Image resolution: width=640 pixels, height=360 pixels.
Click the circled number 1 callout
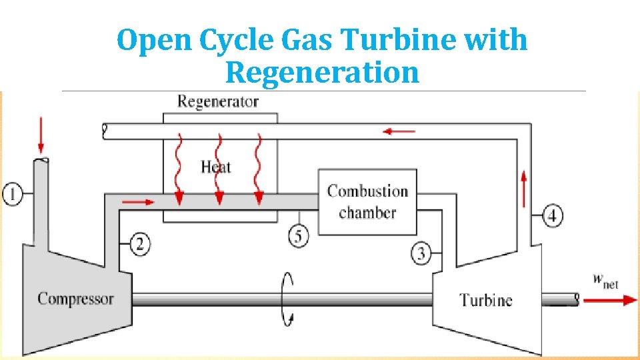coord(13,195)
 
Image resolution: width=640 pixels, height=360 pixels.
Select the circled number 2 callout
coord(139,244)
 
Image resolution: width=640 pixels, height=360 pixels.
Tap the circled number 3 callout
coord(421,253)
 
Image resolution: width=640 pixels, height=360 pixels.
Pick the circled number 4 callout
coord(553,215)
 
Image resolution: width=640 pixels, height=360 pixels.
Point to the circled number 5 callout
coord(299,235)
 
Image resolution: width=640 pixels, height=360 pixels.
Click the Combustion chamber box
coord(367,201)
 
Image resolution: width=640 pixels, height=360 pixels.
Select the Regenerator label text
coord(217,102)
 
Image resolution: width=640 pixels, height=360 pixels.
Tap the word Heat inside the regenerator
coord(215,166)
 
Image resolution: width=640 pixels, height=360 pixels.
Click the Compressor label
coord(75,299)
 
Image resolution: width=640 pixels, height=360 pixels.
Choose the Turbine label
coord(486,300)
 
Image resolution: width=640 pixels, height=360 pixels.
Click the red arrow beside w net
coord(609,300)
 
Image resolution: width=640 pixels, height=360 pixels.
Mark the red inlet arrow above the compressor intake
coord(41,136)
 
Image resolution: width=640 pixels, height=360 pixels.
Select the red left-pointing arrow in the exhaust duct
coord(399,132)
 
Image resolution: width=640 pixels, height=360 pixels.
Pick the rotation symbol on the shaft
coord(288,299)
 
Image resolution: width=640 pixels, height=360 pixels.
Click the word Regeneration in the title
coord(322,72)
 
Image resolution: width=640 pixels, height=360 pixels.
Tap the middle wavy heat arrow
coord(218,170)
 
